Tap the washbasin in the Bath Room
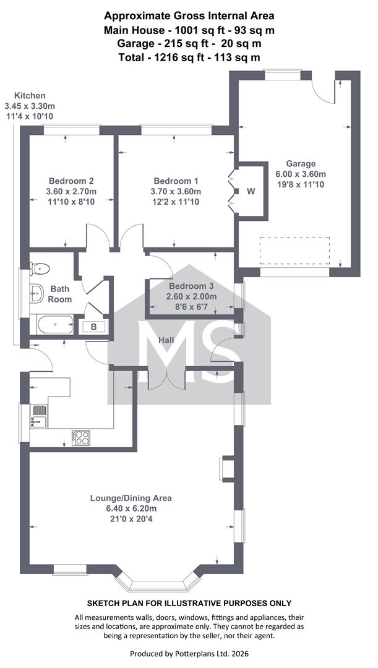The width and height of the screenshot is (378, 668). point(37,293)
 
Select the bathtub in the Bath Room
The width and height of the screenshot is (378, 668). point(56,325)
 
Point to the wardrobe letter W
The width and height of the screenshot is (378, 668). point(251,191)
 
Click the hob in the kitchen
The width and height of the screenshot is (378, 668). point(81,437)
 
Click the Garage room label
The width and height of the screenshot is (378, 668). point(301,163)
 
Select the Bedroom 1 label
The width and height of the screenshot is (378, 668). point(176,181)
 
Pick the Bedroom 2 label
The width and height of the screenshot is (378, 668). point(71,181)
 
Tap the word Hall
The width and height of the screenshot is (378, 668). point(166,340)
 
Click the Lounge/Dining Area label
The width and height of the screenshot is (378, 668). point(131,498)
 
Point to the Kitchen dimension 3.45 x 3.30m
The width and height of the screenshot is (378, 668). point(30,106)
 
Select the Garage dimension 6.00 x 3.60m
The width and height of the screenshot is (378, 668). point(301,174)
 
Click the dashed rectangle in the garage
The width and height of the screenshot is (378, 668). point(294,251)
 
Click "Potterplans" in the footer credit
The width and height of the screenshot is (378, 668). point(188,654)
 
